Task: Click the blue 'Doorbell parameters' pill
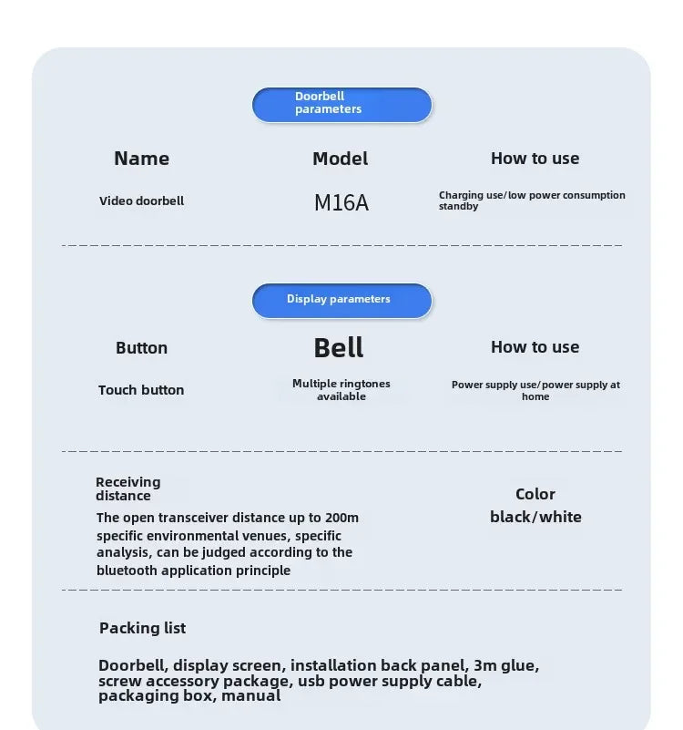[341, 104]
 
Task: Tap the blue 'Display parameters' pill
[341, 300]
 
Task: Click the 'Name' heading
[141, 159]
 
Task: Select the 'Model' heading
[340, 159]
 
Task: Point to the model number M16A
[341, 202]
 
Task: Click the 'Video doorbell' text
[141, 201]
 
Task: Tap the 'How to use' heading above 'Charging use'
[535, 159]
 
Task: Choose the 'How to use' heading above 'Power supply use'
[535, 347]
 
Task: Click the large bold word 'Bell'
[339, 348]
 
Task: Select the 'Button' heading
[141, 348]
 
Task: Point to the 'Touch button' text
[141, 390]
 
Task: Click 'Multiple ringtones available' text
[341, 390]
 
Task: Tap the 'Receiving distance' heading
[127, 488]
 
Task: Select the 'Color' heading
[535, 494]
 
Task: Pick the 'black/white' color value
[535, 517]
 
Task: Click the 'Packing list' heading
[142, 628]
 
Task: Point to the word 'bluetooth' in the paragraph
[127, 571]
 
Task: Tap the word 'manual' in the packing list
[250, 696]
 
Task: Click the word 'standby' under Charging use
[458, 207]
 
